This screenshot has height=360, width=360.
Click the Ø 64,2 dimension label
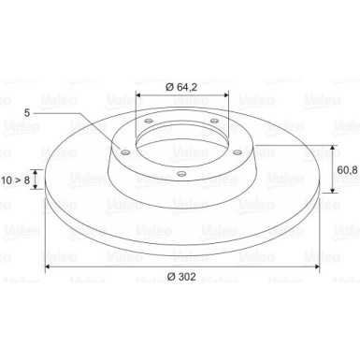[181, 87]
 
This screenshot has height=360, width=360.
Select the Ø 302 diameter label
[181, 276]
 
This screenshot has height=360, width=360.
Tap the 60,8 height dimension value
[347, 169]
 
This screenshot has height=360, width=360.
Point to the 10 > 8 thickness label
[16, 180]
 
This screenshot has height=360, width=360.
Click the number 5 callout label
[27, 113]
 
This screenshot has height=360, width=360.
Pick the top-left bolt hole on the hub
[149, 121]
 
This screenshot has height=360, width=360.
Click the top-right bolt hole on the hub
[214, 121]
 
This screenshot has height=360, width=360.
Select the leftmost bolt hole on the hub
[125, 152]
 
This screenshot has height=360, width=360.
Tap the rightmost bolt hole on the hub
[238, 152]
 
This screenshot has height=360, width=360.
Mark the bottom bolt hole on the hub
[181, 173]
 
